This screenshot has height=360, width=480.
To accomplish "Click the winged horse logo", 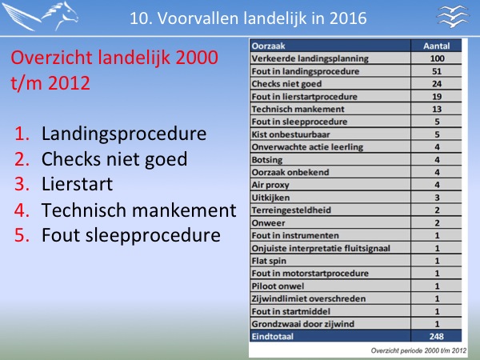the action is pyautogui.click(x=40, y=16).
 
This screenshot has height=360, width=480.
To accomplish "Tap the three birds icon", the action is pyautogui.click(x=453, y=16).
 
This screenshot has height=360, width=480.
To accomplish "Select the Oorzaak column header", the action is pyautogui.click(x=269, y=46).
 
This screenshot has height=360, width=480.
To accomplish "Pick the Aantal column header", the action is pyautogui.click(x=437, y=46).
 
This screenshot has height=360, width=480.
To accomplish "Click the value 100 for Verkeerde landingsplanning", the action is pyautogui.click(x=437, y=58).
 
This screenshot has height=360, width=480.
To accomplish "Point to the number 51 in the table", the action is pyautogui.click(x=437, y=71).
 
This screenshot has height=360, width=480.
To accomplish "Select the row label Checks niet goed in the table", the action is pyautogui.click(x=286, y=84).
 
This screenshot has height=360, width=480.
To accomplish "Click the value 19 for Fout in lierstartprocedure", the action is pyautogui.click(x=437, y=97).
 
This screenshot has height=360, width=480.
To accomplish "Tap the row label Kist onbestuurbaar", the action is pyautogui.click(x=291, y=134).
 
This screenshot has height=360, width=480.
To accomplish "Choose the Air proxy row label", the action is pyautogui.click(x=270, y=185).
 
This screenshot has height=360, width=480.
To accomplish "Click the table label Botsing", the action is pyautogui.click(x=267, y=160).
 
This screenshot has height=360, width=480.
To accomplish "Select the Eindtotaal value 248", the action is pyautogui.click(x=437, y=337).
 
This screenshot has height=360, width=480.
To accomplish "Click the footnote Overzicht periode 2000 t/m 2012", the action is pyautogui.click(x=418, y=350).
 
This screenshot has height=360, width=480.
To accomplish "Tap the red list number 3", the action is pyautogui.click(x=22, y=184).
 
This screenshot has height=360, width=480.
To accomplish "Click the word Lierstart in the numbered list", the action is pyautogui.click(x=77, y=184).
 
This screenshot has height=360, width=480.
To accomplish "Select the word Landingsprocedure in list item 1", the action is pyautogui.click(x=124, y=134).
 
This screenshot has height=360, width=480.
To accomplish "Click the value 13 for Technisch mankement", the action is pyautogui.click(x=437, y=110).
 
